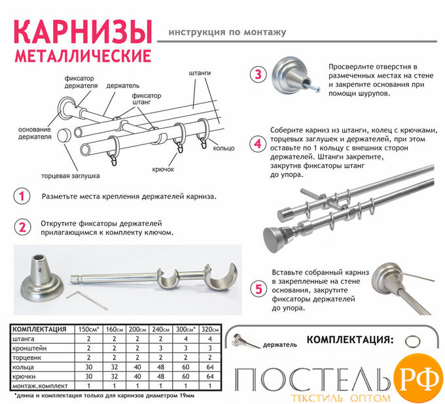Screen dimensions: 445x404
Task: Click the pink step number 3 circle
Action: coord(258,75)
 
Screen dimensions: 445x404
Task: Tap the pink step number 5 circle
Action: coord(258,289)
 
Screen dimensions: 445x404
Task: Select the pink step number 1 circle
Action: coord(22,196)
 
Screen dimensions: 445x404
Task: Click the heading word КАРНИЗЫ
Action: coord(83,31)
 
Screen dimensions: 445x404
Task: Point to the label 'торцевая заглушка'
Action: coord(71,176)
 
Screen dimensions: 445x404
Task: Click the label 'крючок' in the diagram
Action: coord(163,169)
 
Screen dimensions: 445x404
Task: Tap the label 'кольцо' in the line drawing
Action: coord(224,148)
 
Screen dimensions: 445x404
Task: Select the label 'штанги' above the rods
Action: coord(200,73)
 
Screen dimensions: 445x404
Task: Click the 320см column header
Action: coord(210,329)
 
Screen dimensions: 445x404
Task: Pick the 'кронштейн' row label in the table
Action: coord(29,348)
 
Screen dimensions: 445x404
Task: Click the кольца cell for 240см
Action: coord(160,367)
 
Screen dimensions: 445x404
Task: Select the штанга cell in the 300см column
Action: coord(186,339)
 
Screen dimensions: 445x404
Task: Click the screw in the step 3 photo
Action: coord(312,87)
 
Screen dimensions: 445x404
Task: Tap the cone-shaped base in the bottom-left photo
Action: coord(42,278)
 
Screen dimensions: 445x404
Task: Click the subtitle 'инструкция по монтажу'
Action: coord(227,32)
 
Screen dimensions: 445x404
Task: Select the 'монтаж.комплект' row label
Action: coord(40,386)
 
